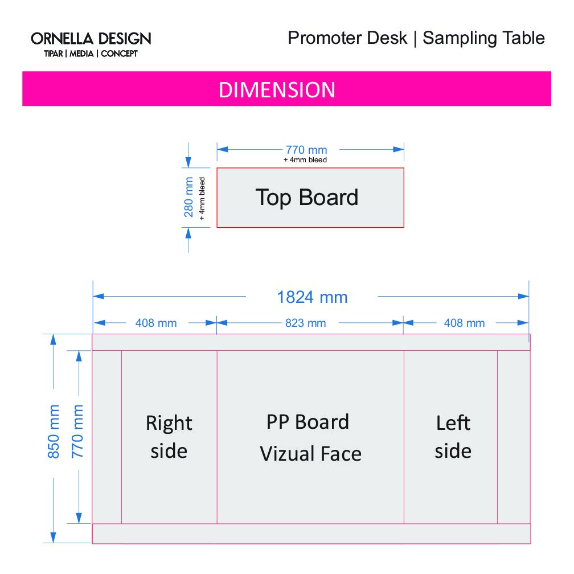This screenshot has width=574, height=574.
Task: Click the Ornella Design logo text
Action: pos(91,39)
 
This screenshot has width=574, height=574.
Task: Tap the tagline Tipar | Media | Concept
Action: pos(91,54)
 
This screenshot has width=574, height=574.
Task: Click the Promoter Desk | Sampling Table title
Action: pos(416,38)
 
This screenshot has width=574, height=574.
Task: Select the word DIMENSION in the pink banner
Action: pos(277,90)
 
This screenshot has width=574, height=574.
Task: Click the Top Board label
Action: pos(307,197)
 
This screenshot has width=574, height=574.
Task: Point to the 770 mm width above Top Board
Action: pos(306,150)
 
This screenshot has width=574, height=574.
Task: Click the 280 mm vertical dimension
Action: pos(189,197)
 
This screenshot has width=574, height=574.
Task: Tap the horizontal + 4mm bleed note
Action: pos(305,160)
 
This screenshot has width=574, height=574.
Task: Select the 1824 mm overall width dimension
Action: pos(312,297)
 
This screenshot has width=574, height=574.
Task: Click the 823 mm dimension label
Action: pos(306,323)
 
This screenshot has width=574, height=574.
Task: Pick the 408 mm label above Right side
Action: pos(156,323)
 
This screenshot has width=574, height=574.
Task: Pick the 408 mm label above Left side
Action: pos(464,323)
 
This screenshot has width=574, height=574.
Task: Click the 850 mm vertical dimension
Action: pos(54,432)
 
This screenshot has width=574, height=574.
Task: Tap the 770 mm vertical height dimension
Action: pos(78,432)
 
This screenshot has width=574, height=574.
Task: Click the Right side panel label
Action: pos(169,437)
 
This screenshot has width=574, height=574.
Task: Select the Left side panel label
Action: pos(453,437)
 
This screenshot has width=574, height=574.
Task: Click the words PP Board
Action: pos(308,422)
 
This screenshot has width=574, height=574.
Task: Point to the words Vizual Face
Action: pos(311,454)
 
